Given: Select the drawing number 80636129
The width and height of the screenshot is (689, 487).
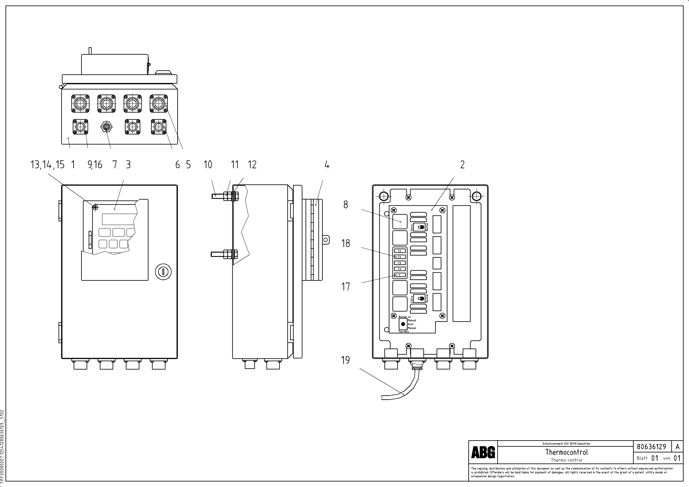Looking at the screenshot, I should [651, 447].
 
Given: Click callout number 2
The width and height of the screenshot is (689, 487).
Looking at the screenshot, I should [462, 165].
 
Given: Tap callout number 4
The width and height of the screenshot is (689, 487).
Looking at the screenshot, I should [327, 165].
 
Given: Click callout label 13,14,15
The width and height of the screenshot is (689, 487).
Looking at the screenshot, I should [47, 165].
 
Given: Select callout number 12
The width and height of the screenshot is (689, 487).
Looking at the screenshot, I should [252, 165].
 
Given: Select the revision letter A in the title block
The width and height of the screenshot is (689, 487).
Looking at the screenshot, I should [677, 447].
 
